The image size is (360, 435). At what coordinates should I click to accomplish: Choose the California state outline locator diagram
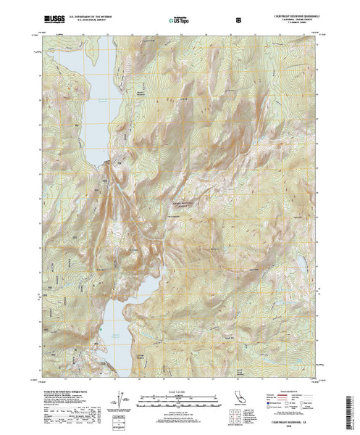point(237,403)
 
